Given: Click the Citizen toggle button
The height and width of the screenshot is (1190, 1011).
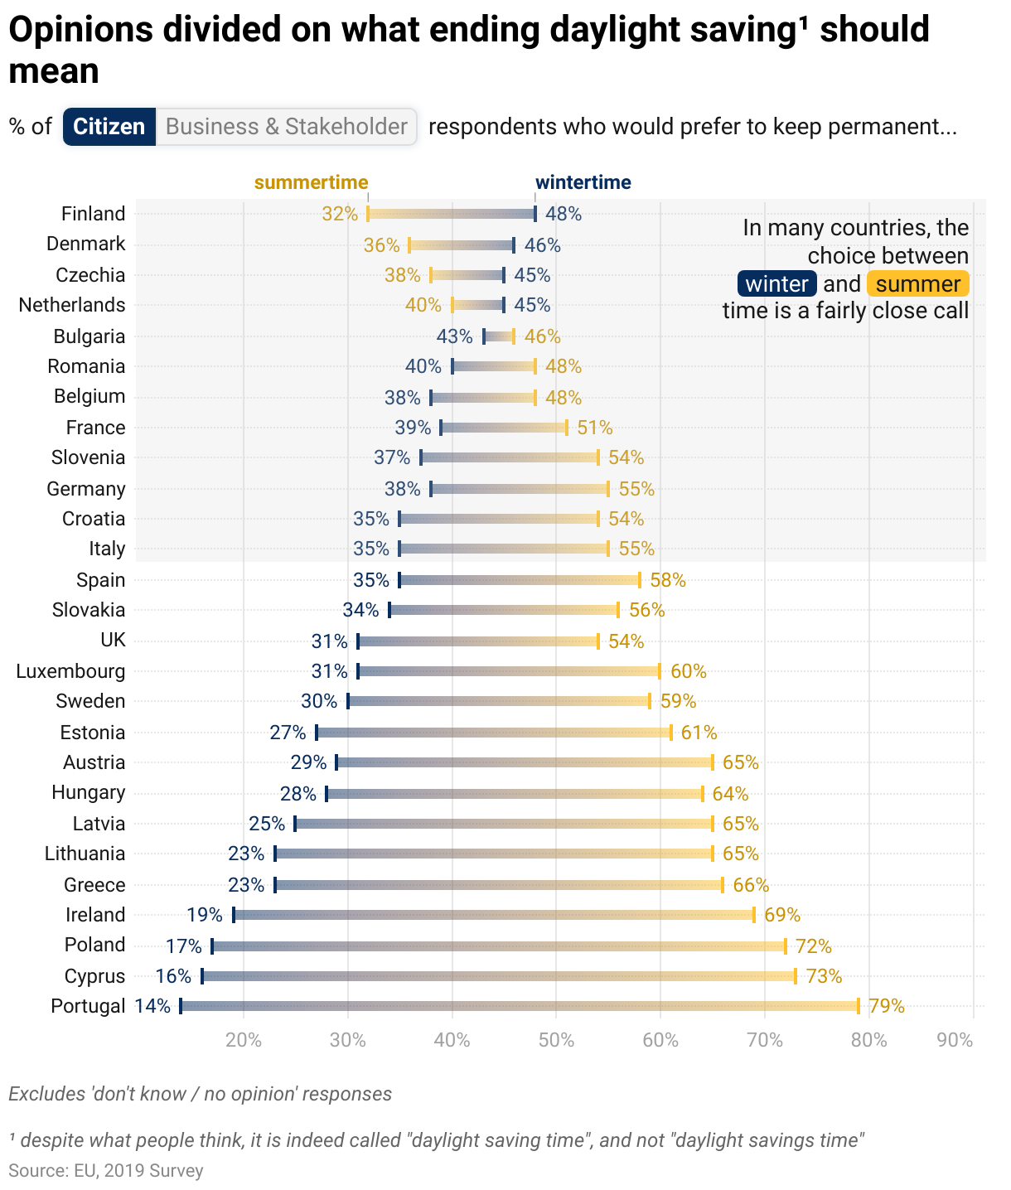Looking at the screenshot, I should pos(109,127).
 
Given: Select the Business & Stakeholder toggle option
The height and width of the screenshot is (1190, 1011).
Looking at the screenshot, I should pos(286,127).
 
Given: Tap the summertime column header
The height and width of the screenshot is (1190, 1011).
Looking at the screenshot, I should pos(311,182).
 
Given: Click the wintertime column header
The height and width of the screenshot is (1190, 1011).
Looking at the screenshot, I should pos(583,182).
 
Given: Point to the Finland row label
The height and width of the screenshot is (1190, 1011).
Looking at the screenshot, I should pos(94,214).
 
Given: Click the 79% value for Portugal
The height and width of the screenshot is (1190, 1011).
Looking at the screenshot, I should pos(887,1006).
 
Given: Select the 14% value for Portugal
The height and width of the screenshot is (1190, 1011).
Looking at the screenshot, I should pos(152,1006).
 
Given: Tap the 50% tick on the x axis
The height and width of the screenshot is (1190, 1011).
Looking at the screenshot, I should pos(556,1040).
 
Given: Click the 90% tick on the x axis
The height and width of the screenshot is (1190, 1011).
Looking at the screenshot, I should pos(955,1040).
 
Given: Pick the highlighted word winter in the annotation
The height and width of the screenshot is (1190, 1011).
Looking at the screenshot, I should pos(776,284).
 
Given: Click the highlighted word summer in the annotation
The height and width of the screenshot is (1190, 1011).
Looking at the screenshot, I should pos(917,284).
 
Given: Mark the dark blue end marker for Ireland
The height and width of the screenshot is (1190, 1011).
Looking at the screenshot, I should pos(234,915).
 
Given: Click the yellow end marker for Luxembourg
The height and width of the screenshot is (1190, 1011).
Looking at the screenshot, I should pos(660,671).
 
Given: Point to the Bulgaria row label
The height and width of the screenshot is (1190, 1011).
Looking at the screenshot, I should pos(89,336).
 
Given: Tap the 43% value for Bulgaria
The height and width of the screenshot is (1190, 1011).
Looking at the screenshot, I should pos(454,336).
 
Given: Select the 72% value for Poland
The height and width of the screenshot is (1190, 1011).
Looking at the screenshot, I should pos(813,946).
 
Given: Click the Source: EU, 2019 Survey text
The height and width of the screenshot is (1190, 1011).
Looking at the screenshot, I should pos(105,1170).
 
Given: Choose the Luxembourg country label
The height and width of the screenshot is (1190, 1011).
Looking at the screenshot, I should pos(71,671).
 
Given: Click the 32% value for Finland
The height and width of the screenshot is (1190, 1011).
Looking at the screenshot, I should pos(340,214).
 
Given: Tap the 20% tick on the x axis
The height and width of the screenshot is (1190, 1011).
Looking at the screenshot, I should pos(244,1040).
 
